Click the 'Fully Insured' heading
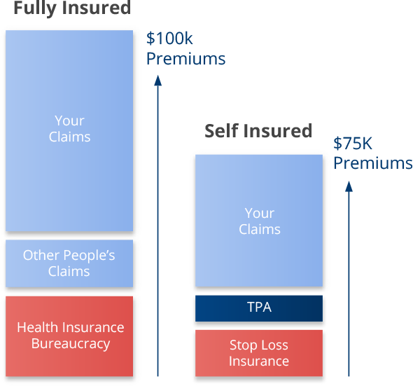71,8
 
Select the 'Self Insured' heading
258,131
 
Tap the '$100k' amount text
169,39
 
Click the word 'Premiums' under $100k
185,59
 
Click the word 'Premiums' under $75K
372,163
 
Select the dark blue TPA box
259,308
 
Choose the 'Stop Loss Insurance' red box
259,353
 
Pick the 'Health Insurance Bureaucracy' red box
70,336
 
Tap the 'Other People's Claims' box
69,263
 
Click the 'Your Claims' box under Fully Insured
69,130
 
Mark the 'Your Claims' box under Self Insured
259,221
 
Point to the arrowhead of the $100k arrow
158,81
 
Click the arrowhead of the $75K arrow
349,186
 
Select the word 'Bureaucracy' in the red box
71,344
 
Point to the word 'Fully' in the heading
34,8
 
